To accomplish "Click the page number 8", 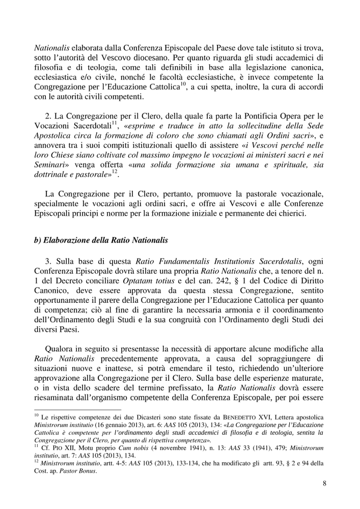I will tap(324, 483).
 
